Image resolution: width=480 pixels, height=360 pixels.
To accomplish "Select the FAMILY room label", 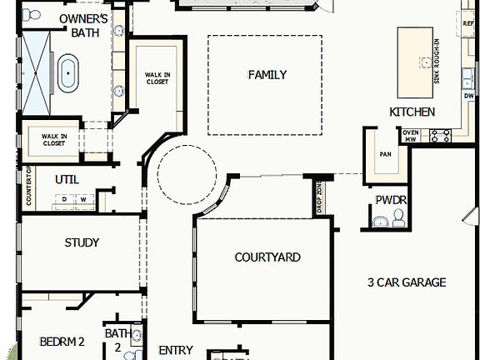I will pos(267,75).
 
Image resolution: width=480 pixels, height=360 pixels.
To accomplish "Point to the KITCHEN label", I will pos(412,112).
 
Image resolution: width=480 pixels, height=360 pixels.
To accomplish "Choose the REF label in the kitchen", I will pos(467,23).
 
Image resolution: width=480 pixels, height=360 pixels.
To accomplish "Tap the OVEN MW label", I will pos(410,136).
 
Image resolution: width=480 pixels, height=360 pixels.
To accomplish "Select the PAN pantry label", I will pos(385,154).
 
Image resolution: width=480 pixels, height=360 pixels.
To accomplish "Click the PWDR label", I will pos(390,200).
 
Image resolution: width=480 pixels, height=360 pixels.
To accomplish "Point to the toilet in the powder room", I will pos(398,216).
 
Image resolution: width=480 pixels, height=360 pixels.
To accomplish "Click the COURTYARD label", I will pos(267,257).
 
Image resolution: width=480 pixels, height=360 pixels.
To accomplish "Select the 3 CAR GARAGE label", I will pos(407,282).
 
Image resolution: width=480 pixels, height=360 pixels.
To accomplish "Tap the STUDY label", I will pos(82,243).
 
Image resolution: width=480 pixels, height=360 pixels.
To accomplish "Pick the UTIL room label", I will pos(67,179).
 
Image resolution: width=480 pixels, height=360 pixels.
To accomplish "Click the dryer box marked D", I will pos(64,200).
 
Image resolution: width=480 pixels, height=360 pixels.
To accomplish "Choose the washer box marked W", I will pos(82,200).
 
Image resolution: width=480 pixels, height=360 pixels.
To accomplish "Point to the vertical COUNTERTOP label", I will pos(28,186).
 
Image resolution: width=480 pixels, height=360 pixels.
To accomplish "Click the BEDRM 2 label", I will pos(62,342).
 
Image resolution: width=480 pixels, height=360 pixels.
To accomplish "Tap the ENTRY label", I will pos(175,351).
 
